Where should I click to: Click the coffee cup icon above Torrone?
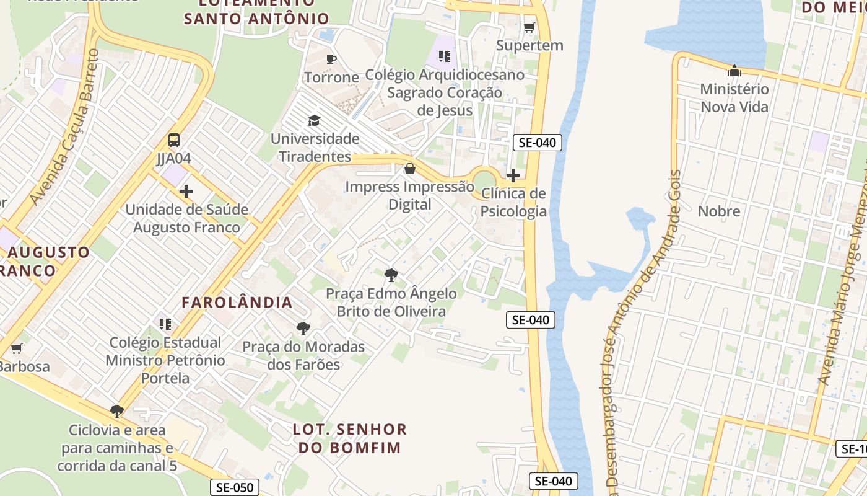(x=331, y=60)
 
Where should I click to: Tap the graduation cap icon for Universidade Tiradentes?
(x=315, y=120)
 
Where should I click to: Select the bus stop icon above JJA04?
(x=174, y=140)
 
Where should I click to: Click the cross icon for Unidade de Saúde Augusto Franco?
(x=186, y=191)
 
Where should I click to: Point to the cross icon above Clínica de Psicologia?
(x=513, y=175)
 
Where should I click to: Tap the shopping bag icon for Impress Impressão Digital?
(x=409, y=169)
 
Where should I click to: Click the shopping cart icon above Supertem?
(x=529, y=27)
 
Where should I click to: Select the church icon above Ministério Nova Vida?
(x=734, y=71)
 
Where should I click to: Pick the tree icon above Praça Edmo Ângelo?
(x=391, y=275)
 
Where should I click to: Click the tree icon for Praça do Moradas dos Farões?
(x=303, y=328)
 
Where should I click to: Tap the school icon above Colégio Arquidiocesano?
(x=444, y=56)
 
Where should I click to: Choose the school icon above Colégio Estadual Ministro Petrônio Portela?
(x=165, y=324)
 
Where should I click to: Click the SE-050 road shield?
(x=235, y=487)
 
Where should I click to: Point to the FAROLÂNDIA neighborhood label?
(x=237, y=303)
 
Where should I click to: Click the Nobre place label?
(x=719, y=211)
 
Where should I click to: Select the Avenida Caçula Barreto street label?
(x=64, y=127)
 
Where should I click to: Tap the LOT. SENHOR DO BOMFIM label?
(x=350, y=438)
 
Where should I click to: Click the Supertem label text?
(x=530, y=45)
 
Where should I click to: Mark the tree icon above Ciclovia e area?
(x=116, y=411)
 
